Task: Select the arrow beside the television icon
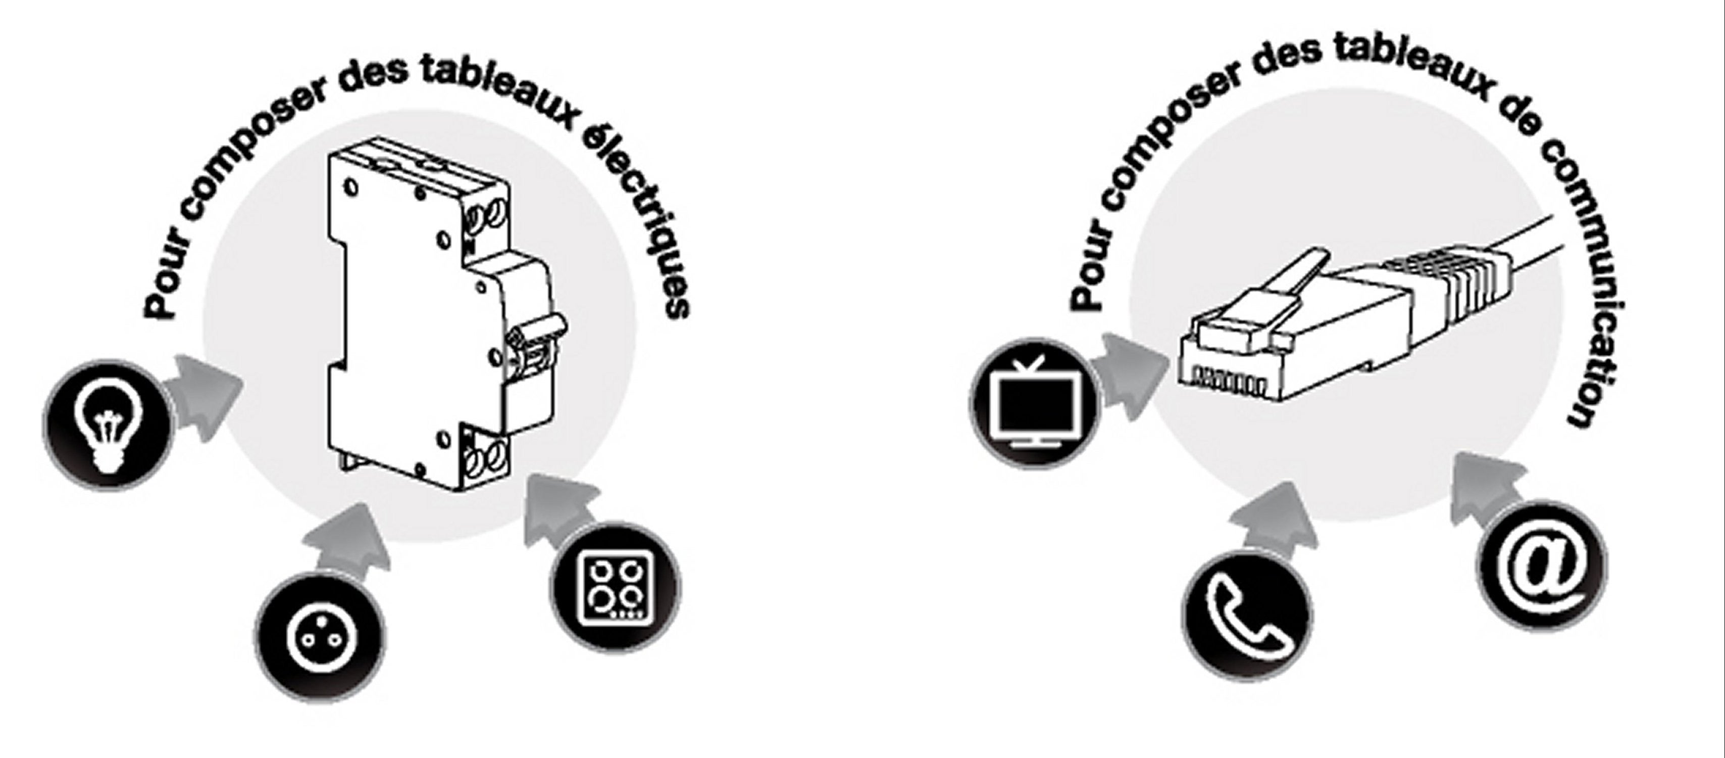(1128, 376)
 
